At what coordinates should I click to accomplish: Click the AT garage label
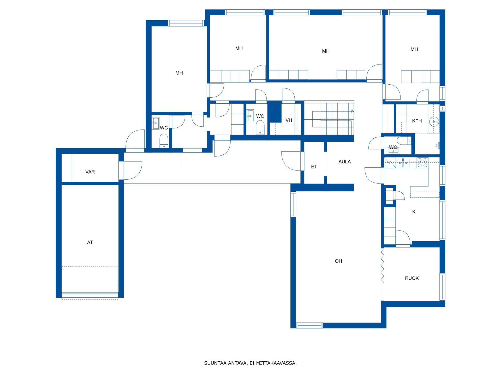point(90,243)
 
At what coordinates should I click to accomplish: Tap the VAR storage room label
point(90,172)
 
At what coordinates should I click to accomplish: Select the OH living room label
point(338,261)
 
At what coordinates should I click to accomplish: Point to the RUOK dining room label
point(412,278)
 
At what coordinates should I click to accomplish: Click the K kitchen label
point(414,212)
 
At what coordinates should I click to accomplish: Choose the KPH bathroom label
point(417,121)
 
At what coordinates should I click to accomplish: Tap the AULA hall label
point(344,162)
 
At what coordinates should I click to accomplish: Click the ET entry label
point(314,167)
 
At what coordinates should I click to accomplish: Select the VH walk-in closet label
point(289,120)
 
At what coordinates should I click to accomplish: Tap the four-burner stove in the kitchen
point(422,163)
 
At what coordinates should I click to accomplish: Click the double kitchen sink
point(403,163)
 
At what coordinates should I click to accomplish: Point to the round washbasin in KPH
point(434,122)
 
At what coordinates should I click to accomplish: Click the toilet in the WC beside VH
point(260,127)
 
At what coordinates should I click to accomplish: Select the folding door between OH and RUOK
point(383,266)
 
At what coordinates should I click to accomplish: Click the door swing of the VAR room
point(133,171)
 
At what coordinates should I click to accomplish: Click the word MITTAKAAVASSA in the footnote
point(276,363)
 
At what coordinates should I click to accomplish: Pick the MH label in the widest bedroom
point(326,51)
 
